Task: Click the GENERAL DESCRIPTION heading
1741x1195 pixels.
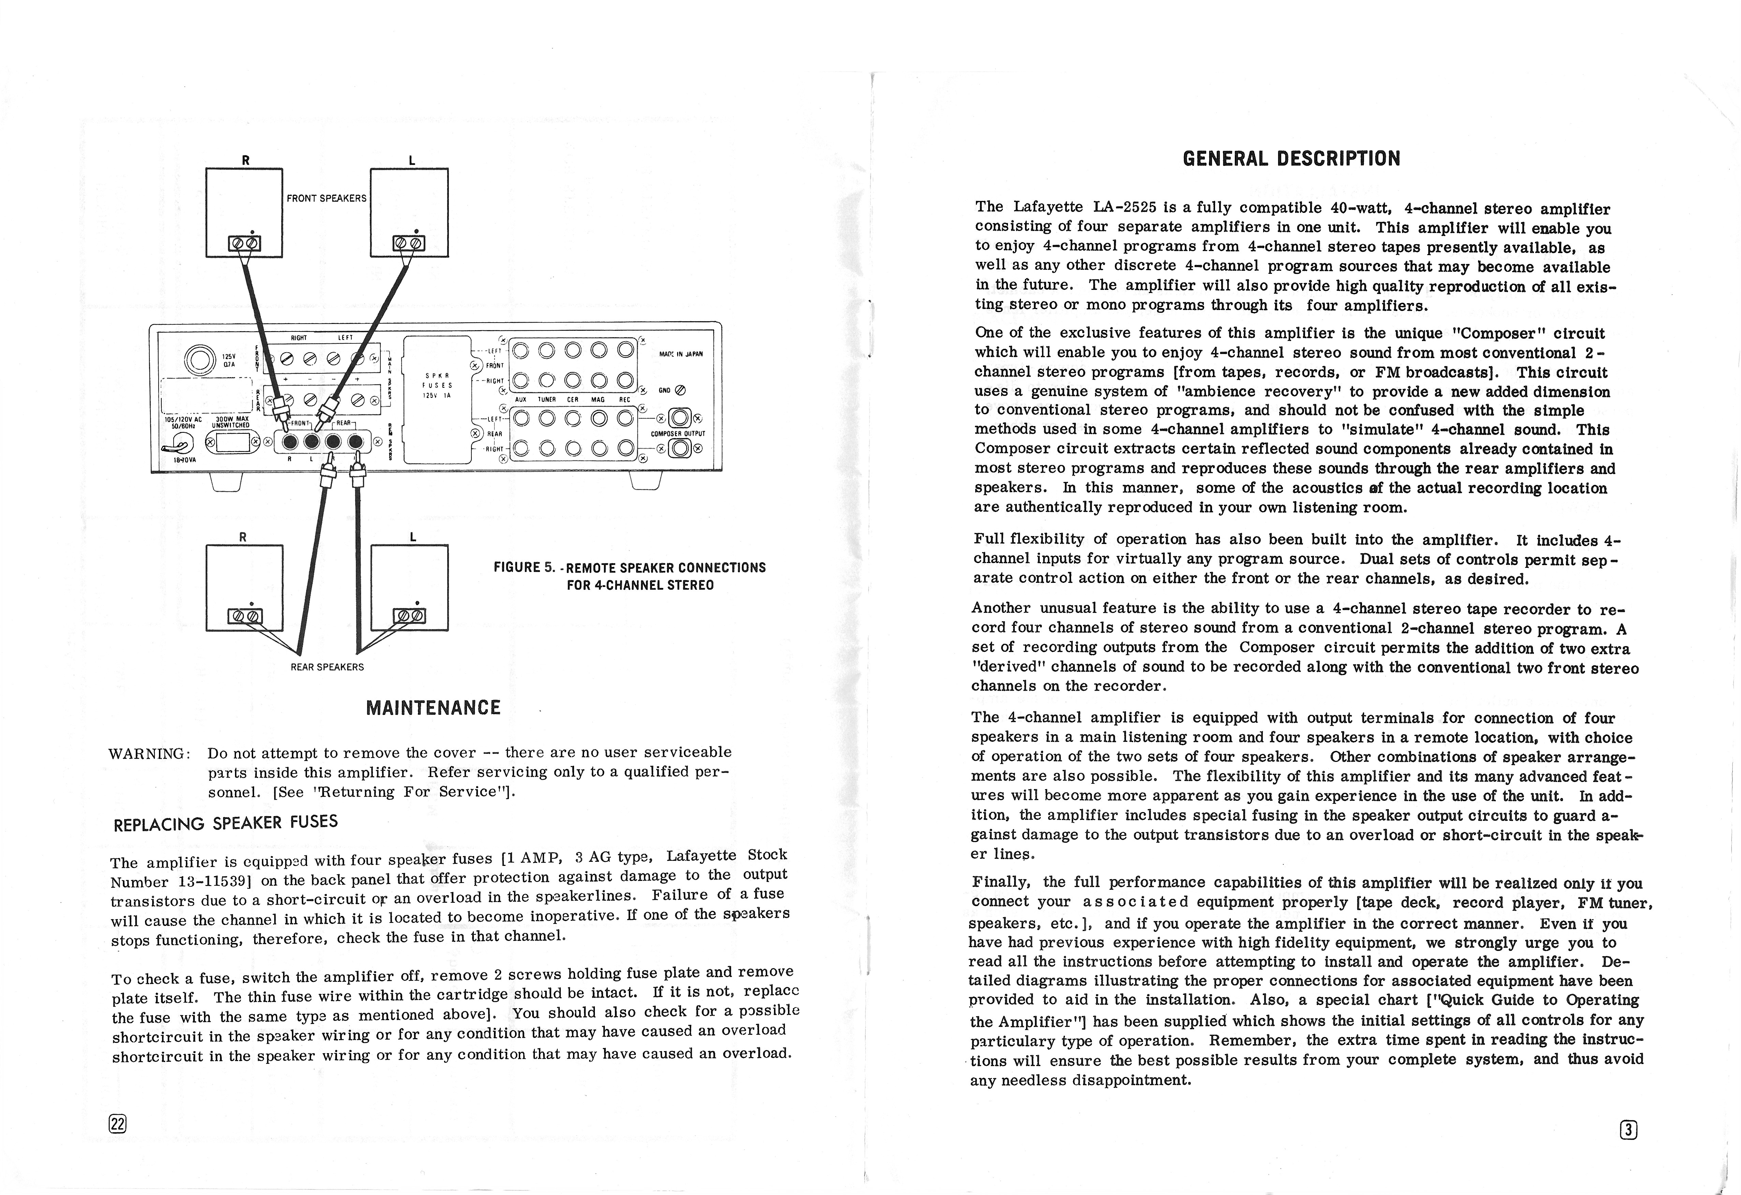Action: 1291,159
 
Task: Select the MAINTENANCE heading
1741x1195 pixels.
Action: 433,708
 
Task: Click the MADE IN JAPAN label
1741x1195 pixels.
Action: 681,354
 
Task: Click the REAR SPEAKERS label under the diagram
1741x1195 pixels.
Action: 327,667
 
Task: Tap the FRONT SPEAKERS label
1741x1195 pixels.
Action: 327,198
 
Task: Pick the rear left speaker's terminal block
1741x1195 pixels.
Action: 409,617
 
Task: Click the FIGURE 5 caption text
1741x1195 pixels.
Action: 629,575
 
